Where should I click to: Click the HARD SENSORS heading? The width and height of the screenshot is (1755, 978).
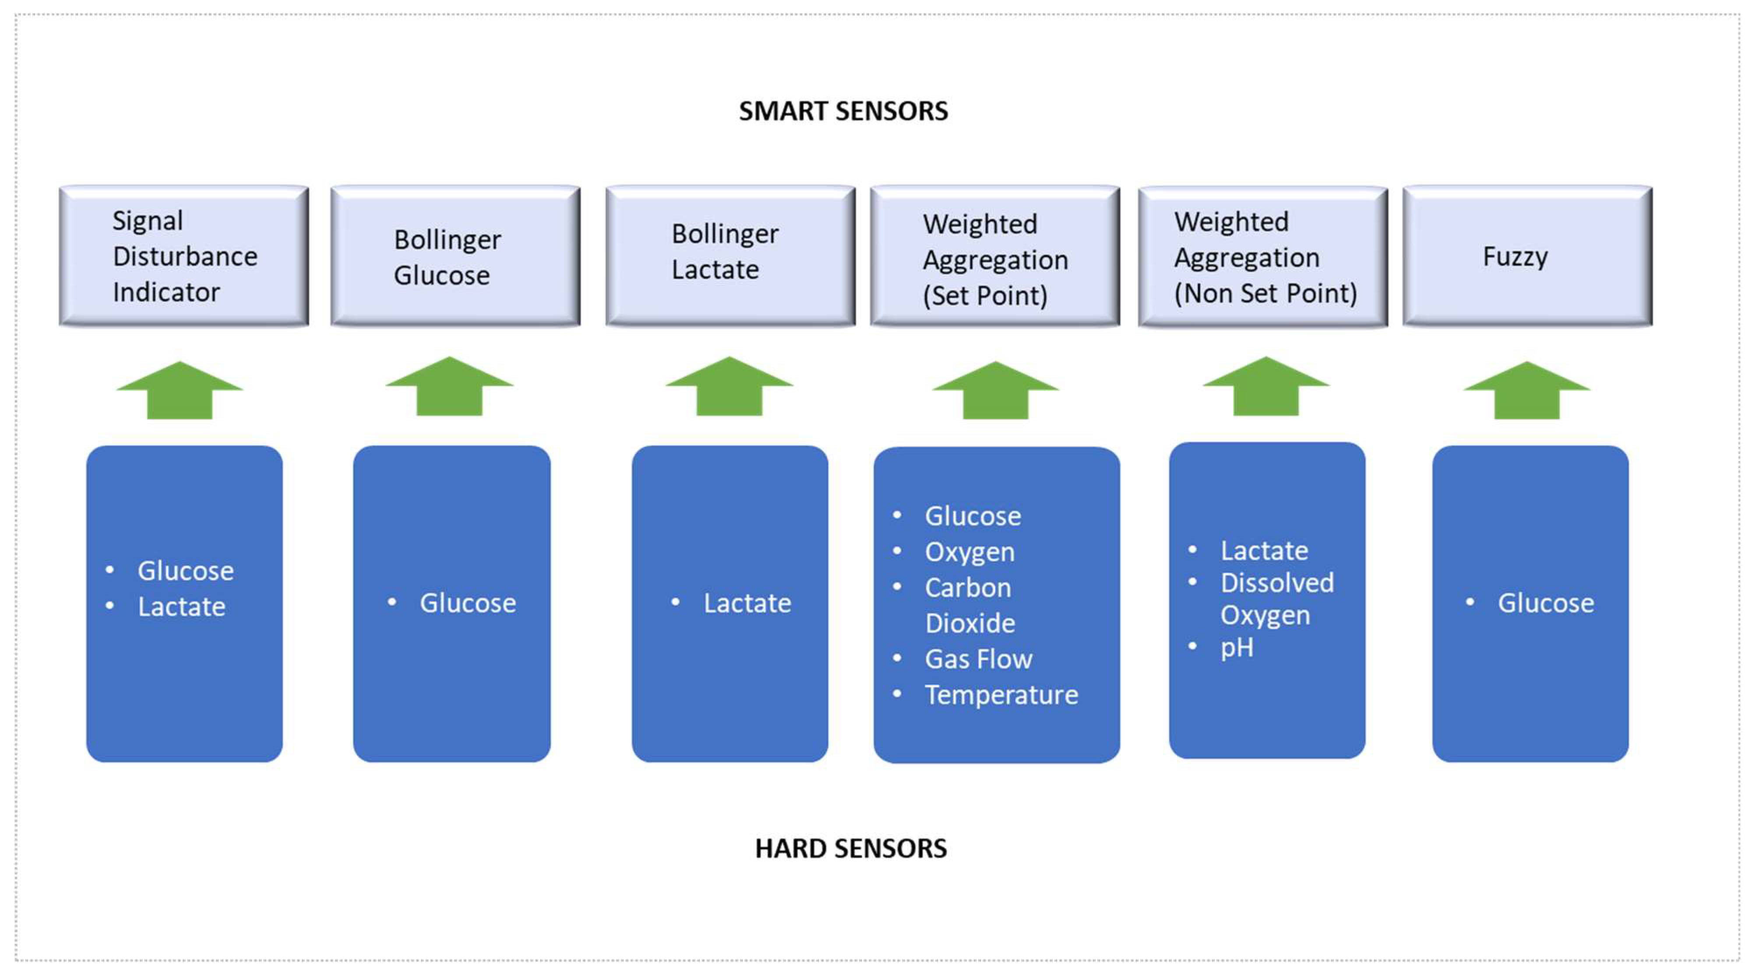(850, 848)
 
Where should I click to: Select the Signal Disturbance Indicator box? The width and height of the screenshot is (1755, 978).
(184, 256)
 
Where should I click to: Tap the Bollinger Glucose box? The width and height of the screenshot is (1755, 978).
(455, 256)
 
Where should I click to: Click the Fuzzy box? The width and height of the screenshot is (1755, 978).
(1527, 256)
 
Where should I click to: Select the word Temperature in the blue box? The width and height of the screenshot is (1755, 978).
(1001, 695)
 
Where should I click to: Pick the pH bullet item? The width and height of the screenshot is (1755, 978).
(1237, 647)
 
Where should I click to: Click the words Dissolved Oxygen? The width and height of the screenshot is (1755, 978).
(1276, 598)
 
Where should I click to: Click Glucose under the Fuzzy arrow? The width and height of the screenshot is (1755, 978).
(1545, 603)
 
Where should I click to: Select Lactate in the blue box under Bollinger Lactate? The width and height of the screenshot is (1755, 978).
(747, 603)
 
